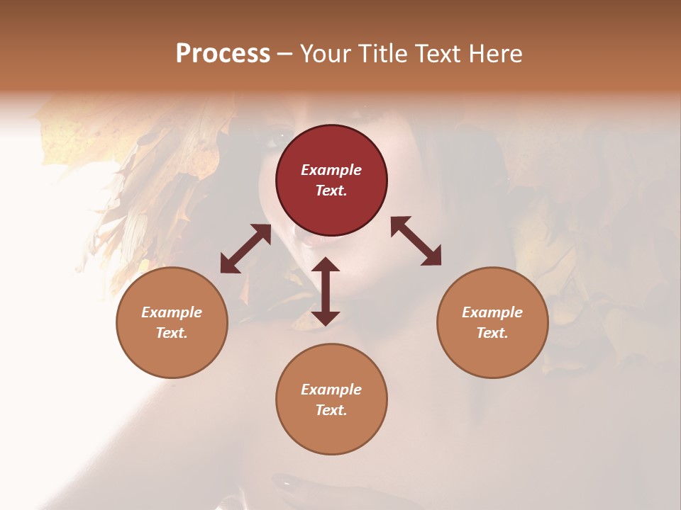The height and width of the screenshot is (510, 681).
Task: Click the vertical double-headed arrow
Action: [326, 291]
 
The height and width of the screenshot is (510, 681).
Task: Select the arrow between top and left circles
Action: [245, 249]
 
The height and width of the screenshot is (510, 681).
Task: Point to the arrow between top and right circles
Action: [416, 241]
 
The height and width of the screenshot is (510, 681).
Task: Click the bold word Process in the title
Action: [223, 53]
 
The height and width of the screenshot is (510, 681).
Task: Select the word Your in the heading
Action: [325, 53]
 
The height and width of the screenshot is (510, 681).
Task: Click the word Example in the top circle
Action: [331, 170]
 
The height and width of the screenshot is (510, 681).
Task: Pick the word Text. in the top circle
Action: [331, 191]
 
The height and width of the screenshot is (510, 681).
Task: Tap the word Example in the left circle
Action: [172, 312]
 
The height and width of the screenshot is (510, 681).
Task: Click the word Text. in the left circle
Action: [172, 333]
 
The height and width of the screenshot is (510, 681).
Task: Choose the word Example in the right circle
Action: [492, 312]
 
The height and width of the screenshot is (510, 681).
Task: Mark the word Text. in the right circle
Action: [492, 333]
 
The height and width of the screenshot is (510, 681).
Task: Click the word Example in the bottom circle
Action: [331, 390]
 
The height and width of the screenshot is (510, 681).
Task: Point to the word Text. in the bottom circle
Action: [331, 410]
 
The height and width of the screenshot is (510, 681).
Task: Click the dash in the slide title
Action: [285, 55]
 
